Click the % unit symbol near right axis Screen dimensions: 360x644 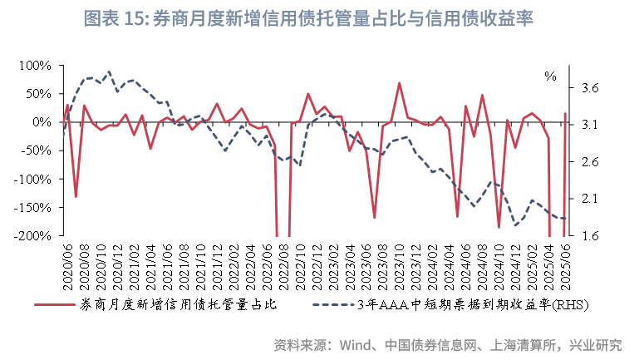coord(551,76)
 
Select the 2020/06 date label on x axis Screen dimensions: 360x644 coord(67,261)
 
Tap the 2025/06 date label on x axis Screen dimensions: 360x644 coord(566,261)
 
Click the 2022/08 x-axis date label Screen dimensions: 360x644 coord(283,261)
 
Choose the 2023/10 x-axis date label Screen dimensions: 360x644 coord(400,261)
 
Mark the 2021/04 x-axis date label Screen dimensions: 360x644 coord(150,261)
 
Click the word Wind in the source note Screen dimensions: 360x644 coord(356,344)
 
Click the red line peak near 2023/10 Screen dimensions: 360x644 coord(400,83)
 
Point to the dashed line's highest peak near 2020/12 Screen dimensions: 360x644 coord(109,72)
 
